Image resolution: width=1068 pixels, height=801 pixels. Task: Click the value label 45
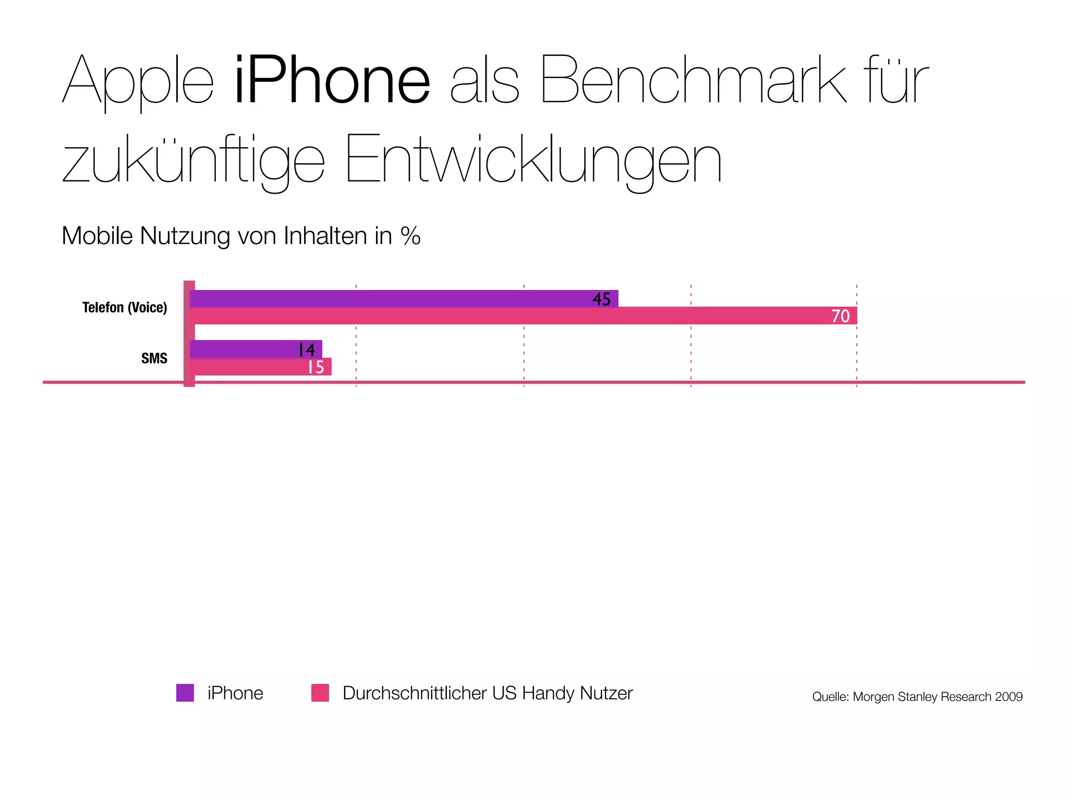601,299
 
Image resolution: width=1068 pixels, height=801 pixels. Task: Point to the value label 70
840,316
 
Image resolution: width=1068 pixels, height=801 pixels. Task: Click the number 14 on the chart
307,350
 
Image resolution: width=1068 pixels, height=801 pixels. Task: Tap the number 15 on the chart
315,367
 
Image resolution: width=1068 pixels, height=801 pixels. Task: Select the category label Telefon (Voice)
125,308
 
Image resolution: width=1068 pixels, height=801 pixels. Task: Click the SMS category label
154,358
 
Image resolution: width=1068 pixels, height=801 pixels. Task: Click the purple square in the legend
185,693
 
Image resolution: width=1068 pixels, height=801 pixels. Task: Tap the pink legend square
320,693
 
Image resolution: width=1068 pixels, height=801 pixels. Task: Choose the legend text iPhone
235,693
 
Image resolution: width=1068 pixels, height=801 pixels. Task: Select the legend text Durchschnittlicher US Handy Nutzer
488,693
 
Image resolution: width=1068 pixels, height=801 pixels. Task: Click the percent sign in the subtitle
411,236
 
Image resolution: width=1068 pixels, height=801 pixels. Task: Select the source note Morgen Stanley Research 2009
917,697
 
